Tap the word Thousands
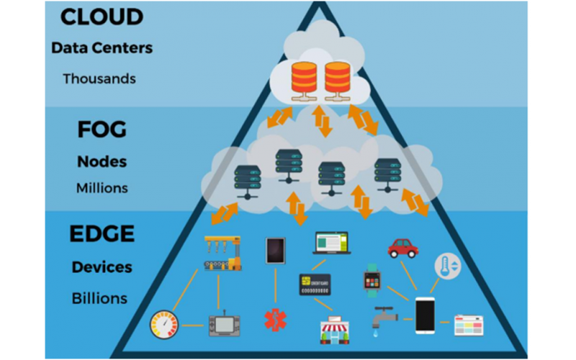99,78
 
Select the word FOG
102,130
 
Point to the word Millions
102,188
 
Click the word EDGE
102,235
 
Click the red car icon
402,247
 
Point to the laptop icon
330,243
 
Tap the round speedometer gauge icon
164,325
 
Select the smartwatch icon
372,279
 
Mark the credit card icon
315,285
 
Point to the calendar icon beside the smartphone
469,325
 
